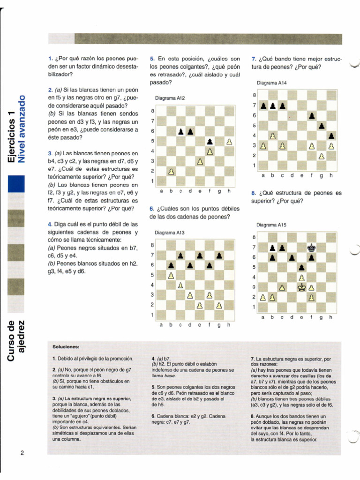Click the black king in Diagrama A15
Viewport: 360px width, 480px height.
311,247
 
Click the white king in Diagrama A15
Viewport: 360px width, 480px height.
302,287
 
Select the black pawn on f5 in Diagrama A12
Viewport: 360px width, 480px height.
210,141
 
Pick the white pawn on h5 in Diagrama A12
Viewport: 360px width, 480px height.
229,141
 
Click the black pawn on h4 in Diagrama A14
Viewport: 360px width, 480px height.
331,136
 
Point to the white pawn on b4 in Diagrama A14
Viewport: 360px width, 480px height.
272,136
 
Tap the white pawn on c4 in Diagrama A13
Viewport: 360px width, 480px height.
180,285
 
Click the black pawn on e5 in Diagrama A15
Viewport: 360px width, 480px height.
301,268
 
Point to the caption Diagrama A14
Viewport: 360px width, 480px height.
272,83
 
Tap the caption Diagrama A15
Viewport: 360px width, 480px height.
271,225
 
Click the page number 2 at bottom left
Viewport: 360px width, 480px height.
22,452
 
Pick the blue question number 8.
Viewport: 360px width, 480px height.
253,193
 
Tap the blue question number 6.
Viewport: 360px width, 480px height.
152,208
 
